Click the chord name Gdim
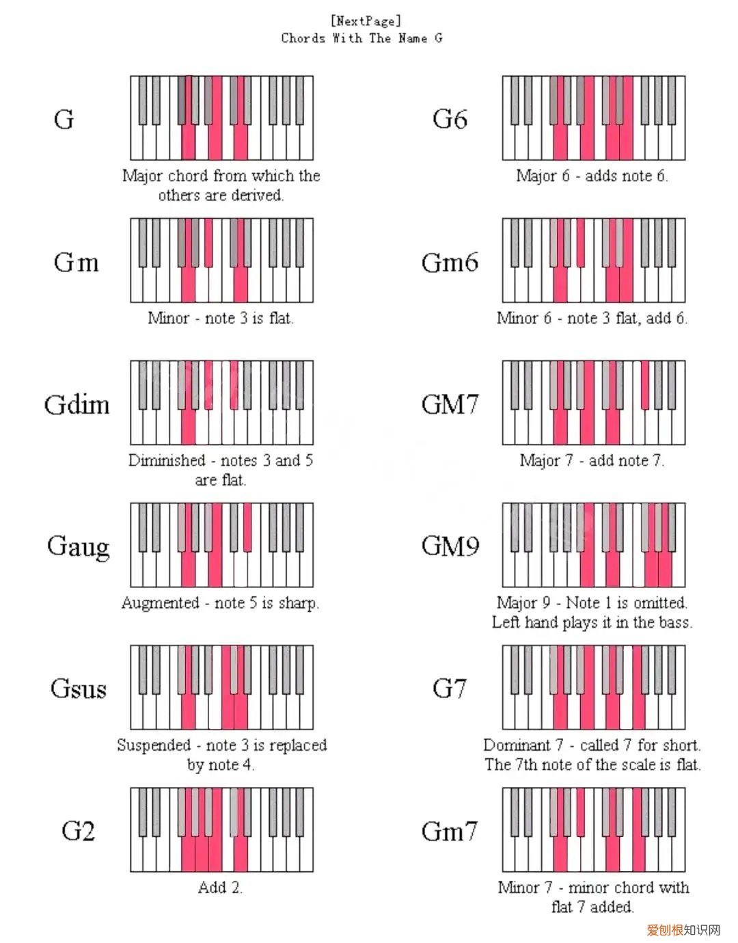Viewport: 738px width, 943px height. tap(77, 405)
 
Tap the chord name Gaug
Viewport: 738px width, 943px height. tap(78, 547)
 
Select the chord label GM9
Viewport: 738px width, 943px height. tap(450, 546)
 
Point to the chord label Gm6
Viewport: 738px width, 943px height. tap(450, 263)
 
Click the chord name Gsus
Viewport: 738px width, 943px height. tap(79, 689)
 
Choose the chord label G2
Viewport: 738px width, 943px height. tap(78, 831)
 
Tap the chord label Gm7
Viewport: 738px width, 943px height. tap(450, 832)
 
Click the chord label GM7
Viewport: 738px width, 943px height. tap(450, 404)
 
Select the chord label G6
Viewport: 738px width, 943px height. tap(450, 120)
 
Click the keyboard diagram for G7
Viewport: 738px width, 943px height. tap(594, 687)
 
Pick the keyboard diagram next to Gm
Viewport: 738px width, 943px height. tap(222, 261)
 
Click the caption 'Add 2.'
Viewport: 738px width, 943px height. tap(220, 888)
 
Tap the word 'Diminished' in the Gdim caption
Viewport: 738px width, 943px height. tap(167, 460)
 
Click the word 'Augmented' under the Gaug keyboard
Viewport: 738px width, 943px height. tap(160, 603)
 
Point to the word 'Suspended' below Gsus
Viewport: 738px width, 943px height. tap(153, 745)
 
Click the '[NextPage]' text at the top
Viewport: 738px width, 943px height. tap(366, 21)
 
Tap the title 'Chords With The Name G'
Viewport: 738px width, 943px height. tap(361, 38)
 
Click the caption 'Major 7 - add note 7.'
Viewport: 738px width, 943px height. tap(592, 461)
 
